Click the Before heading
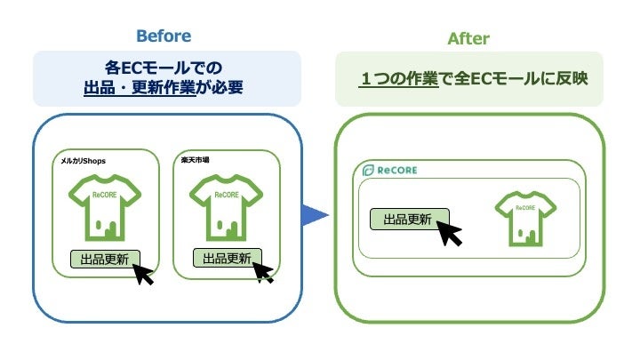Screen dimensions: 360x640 [163, 36]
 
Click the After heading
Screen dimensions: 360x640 [468, 38]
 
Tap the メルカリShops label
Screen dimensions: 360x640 [84, 161]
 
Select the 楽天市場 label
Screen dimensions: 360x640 [195, 160]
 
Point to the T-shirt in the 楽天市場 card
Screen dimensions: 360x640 [227, 206]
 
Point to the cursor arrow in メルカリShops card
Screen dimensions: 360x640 [143, 273]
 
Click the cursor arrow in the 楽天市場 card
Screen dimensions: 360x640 [262, 270]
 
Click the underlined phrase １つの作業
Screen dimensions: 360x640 [399, 78]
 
